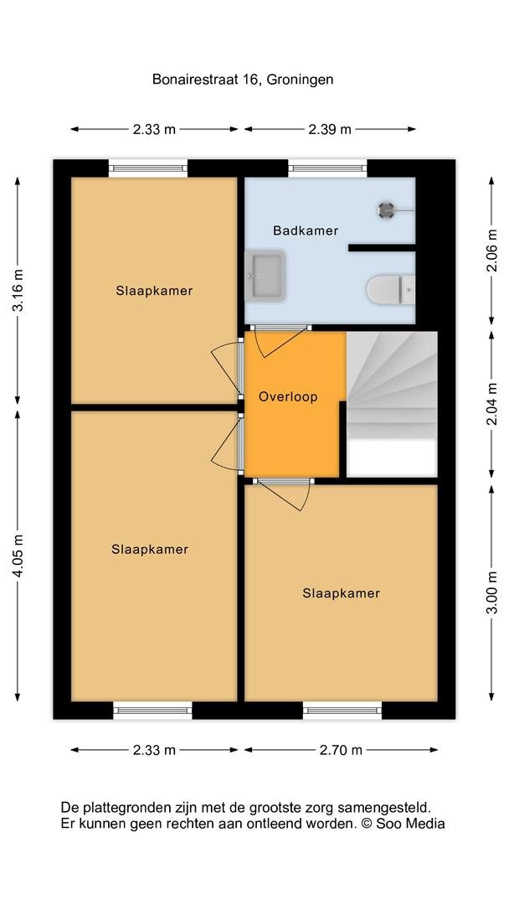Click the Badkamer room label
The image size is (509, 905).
click(x=306, y=231)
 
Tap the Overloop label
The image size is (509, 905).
click(x=288, y=397)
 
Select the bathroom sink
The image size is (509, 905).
click(x=265, y=276)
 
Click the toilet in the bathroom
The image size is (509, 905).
click(x=391, y=288)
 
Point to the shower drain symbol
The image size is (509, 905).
click(x=386, y=209)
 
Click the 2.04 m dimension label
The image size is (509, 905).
click(x=491, y=404)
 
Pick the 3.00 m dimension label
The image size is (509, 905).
click(x=491, y=592)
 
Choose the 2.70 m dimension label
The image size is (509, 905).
click(x=341, y=750)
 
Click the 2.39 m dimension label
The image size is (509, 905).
click(x=330, y=129)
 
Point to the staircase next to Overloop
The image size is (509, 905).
click(x=392, y=404)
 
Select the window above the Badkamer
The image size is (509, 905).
click(x=327, y=168)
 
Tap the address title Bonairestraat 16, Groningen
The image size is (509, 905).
click(x=243, y=79)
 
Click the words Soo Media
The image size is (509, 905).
click(x=410, y=824)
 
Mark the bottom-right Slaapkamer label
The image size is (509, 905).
click(x=342, y=592)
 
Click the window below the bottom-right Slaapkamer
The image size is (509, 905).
click(x=342, y=711)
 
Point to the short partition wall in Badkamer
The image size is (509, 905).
click(x=382, y=248)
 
